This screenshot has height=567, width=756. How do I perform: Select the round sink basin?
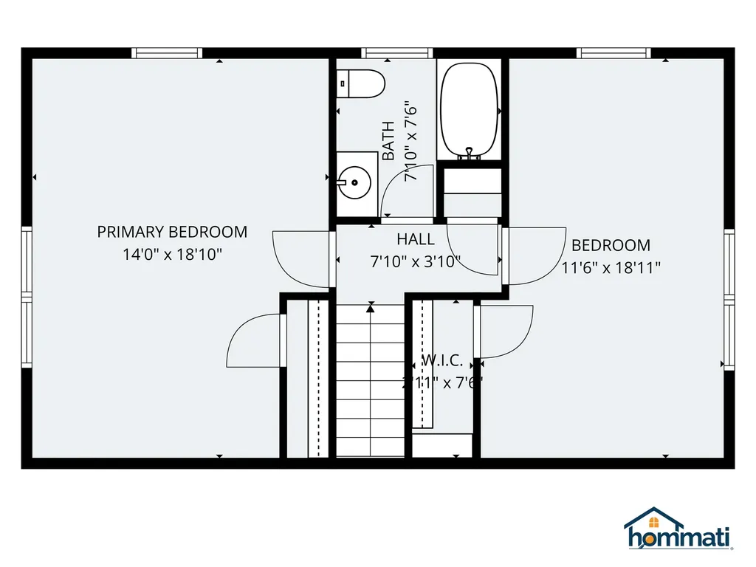(x=354, y=180)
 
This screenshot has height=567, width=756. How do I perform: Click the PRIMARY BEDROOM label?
(x=172, y=232)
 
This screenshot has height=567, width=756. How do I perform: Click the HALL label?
(x=416, y=239)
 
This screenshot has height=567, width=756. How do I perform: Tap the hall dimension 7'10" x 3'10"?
(x=416, y=261)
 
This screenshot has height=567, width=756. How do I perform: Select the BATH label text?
(x=389, y=141)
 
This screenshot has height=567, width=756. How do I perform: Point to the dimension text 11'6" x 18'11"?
(x=611, y=268)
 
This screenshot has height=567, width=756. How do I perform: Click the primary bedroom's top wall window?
(x=167, y=52)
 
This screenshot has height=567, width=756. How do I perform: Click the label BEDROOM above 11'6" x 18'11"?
(x=611, y=245)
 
